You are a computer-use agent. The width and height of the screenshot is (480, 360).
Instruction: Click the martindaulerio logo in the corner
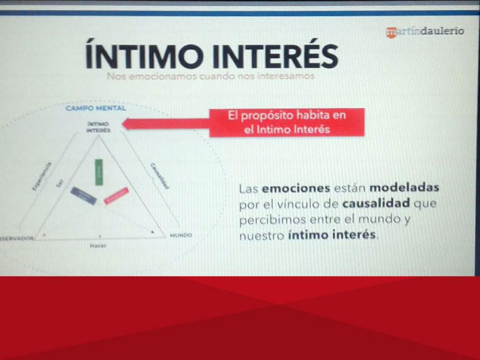tap(425, 31)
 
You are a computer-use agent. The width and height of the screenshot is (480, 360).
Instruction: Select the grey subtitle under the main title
tap(211, 76)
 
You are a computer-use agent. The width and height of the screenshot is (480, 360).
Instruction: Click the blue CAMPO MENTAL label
tap(96, 108)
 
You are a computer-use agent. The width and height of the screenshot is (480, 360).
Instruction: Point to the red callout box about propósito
tap(287, 122)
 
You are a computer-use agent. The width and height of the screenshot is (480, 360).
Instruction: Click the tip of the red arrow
tap(124, 124)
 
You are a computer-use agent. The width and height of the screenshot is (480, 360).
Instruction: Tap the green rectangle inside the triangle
tap(99, 172)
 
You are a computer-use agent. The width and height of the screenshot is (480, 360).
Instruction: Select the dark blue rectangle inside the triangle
tap(84, 195)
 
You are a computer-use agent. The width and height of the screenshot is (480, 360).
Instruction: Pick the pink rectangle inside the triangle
tap(116, 196)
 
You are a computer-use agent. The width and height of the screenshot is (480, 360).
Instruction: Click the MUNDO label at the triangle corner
tap(181, 235)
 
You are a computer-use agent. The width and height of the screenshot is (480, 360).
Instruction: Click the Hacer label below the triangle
tap(98, 246)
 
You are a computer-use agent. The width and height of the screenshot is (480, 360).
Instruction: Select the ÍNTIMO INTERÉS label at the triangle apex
tap(98, 127)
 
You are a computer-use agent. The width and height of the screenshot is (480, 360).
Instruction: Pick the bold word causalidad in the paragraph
tap(376, 204)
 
